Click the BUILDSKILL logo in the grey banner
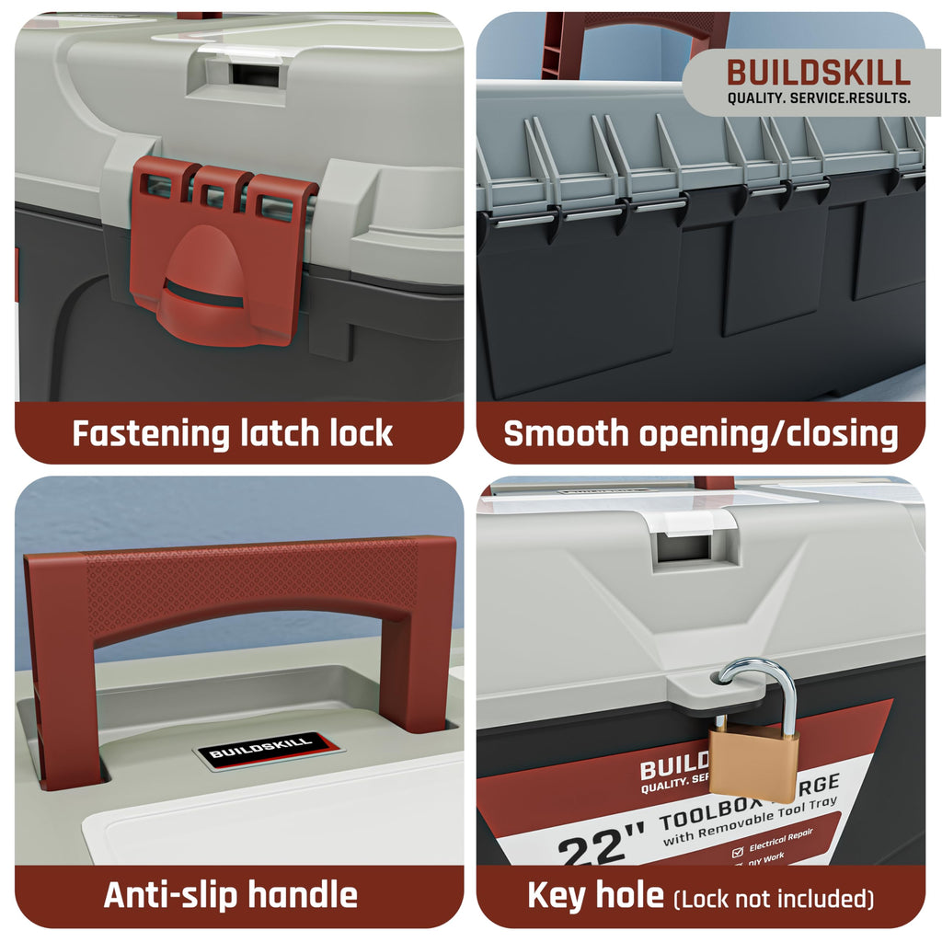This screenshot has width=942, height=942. click(819, 73)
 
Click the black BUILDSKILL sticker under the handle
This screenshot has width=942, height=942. click(263, 750)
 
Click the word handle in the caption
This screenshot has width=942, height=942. click(299, 895)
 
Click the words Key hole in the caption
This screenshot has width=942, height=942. click(595, 895)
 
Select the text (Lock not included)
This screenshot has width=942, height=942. click(774, 897)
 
